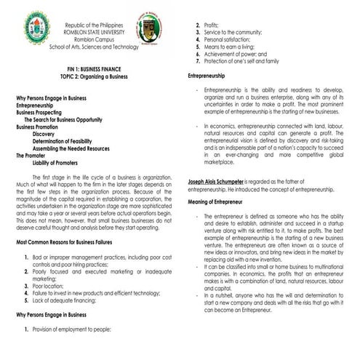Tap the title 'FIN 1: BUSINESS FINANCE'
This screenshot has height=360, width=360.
91,66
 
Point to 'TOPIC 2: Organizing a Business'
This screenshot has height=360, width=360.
91,73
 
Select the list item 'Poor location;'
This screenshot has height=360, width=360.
50,285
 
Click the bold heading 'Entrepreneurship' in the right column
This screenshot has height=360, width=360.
211,76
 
